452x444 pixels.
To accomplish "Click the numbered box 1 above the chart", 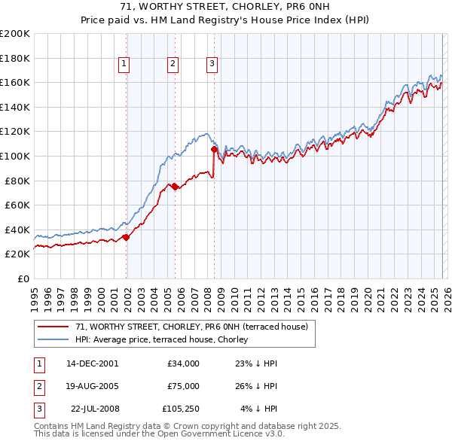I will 124,64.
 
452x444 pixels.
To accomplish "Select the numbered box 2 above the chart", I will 173,64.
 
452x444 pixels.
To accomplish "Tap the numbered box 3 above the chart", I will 212,64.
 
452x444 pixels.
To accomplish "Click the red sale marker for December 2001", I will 126,237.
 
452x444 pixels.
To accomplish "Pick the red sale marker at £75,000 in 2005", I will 175,187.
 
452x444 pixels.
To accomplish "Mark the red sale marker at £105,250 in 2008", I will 214,150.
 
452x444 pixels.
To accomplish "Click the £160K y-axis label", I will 15,82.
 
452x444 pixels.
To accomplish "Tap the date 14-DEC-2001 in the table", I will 92,363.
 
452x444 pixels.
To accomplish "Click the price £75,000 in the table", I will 184,386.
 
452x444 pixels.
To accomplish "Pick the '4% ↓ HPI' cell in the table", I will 258,409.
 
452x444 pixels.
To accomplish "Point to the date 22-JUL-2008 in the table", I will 94,409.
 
